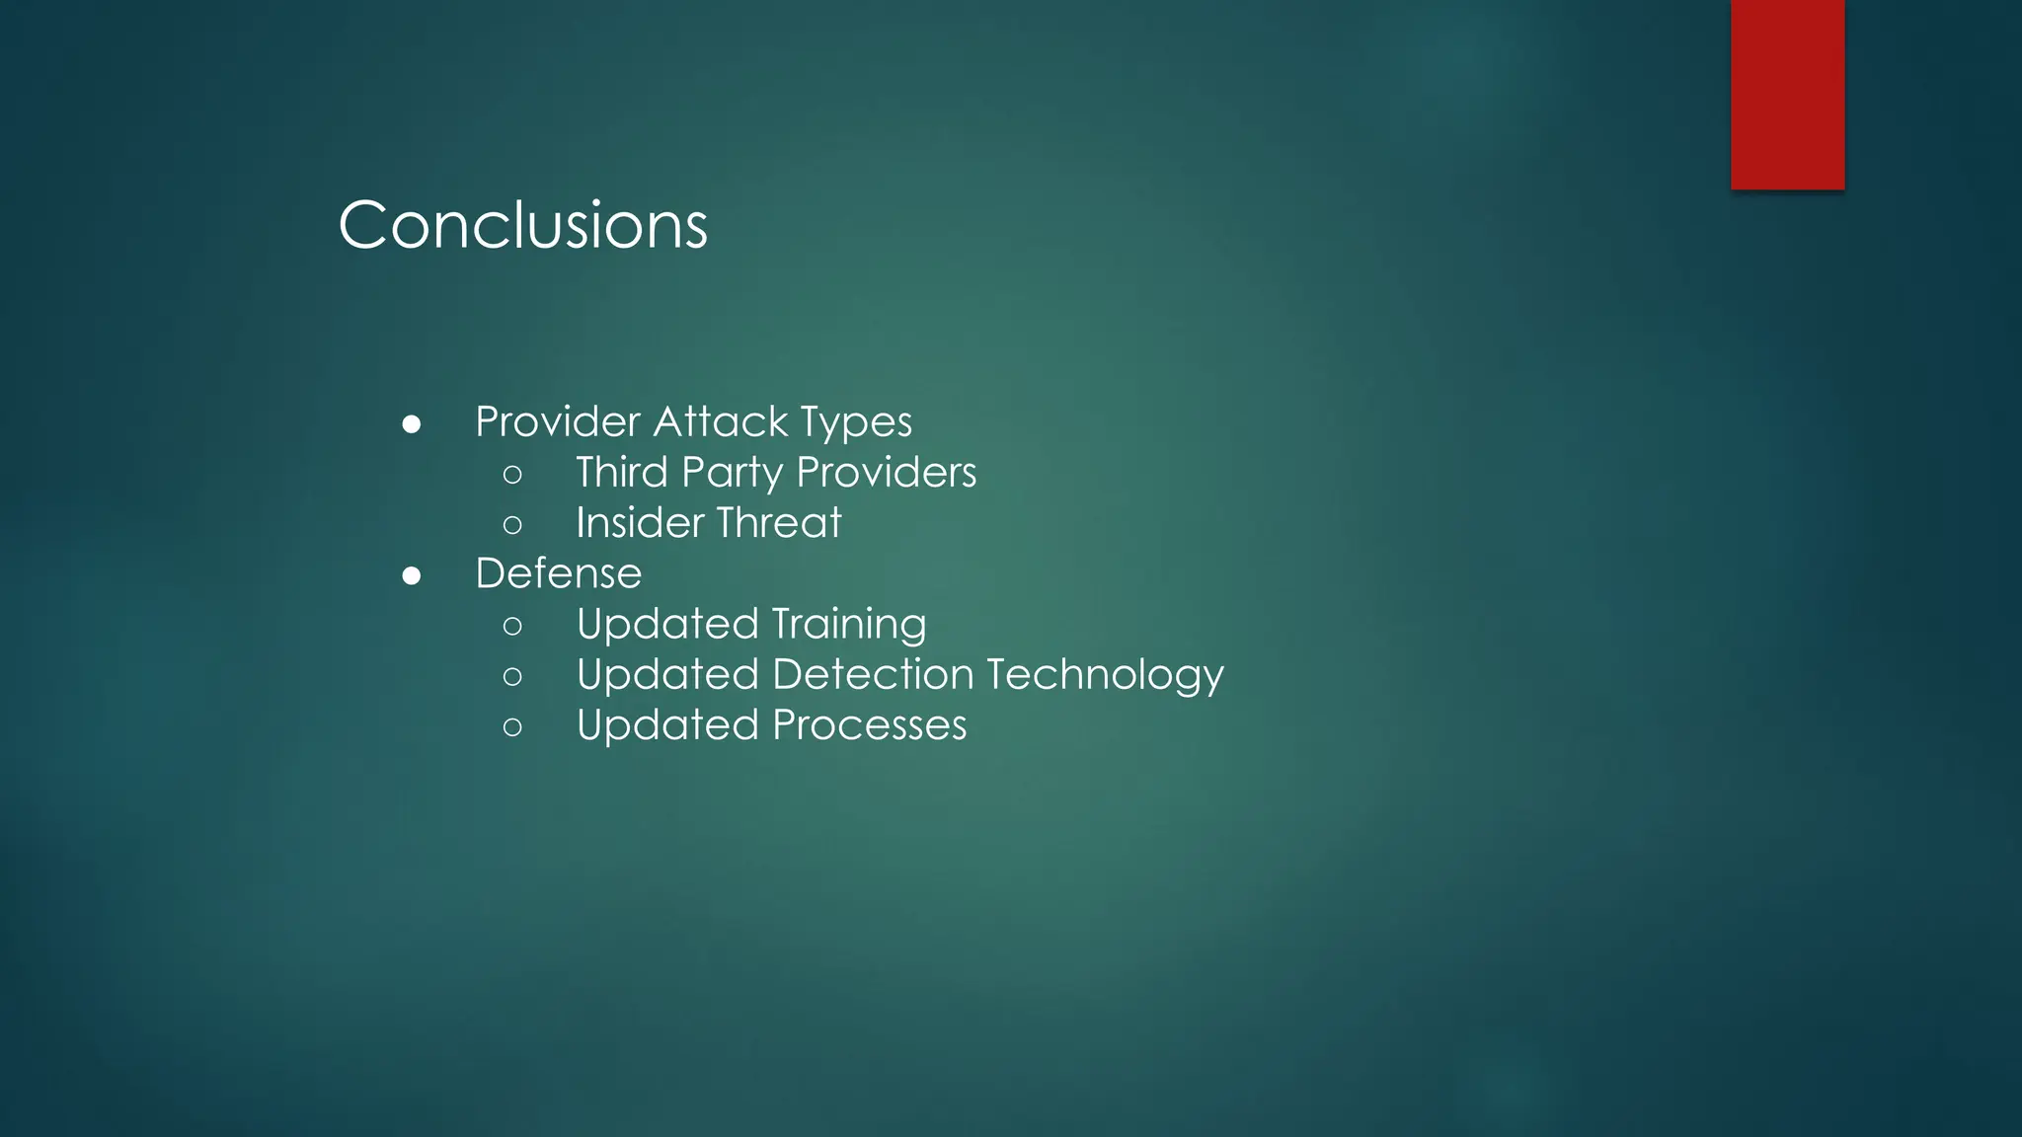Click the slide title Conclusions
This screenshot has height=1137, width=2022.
coord(522,225)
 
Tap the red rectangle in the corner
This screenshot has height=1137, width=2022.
coord(1787,94)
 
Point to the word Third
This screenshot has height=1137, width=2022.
coord(622,472)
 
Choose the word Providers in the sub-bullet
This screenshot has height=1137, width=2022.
coord(886,472)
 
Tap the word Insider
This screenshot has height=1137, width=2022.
coord(639,522)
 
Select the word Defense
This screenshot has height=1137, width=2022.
coord(558,573)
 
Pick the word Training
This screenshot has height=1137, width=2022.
coord(849,625)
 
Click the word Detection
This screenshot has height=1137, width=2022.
coord(873,674)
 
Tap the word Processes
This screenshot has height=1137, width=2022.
coord(869,725)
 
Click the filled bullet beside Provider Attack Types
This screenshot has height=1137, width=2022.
coord(412,424)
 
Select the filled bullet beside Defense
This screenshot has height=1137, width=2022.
coord(412,575)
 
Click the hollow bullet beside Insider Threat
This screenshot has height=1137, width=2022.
coord(511,524)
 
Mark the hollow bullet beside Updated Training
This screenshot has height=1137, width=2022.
coord(511,626)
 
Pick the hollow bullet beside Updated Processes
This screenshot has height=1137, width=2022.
coord(511,727)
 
